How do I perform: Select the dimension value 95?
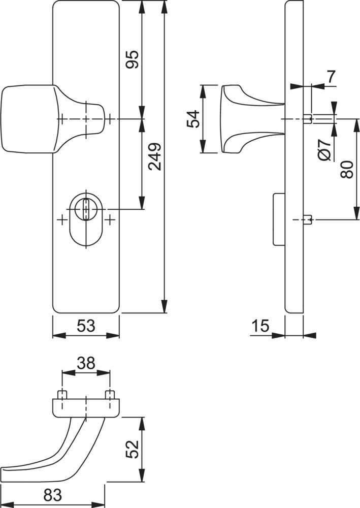coord(133,59)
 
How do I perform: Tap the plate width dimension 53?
coord(86,326)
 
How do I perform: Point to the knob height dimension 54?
coord(194,119)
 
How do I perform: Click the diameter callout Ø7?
coord(324,150)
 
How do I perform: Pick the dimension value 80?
coord(347,169)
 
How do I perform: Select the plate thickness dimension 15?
coord(260,326)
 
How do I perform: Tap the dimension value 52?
coord(132,449)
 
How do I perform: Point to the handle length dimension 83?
coord(52,495)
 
